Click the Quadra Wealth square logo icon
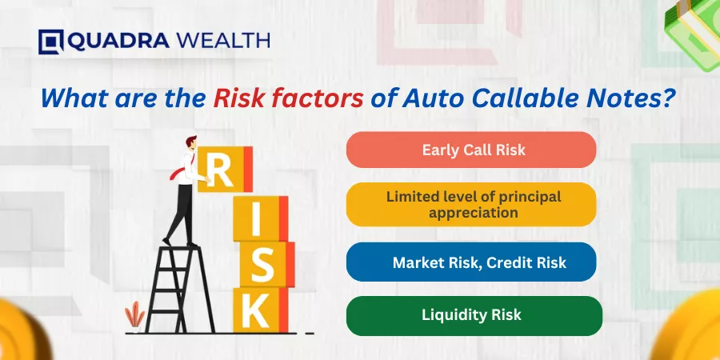(x=51, y=42)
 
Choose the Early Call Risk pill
(x=471, y=150)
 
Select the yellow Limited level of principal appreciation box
(x=471, y=204)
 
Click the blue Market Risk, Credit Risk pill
(x=471, y=262)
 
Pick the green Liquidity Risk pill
(x=474, y=315)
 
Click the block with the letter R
(x=225, y=169)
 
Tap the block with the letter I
(x=260, y=218)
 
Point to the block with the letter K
(x=260, y=310)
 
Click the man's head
(x=191, y=142)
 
